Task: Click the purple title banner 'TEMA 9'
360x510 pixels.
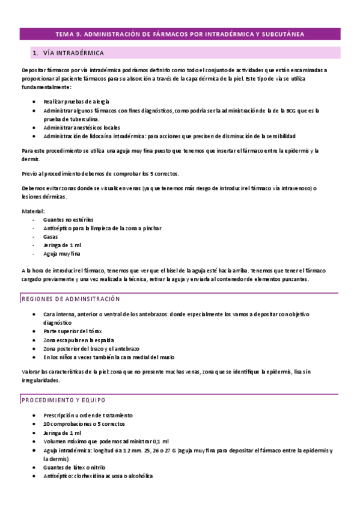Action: tap(180, 34)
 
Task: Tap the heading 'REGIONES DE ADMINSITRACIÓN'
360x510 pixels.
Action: tap(71, 299)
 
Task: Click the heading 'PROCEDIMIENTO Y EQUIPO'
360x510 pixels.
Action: tap(64, 399)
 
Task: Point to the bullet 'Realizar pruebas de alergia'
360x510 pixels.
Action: tap(76, 102)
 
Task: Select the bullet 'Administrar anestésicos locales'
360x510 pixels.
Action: tap(81, 127)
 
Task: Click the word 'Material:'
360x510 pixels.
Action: tap(33, 212)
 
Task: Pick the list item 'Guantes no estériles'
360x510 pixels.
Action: tap(69, 220)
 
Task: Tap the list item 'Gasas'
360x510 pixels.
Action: tap(50, 237)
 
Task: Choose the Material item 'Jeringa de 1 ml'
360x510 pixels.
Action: tap(62, 245)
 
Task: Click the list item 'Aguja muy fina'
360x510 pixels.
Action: tap(61, 254)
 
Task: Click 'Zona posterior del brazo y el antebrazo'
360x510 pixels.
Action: tap(91, 349)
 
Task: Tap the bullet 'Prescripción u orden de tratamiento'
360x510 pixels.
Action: tap(88, 416)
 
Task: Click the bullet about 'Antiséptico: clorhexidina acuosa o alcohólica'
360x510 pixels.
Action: tap(98, 476)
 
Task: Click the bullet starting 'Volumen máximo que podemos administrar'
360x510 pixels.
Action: tap(106, 441)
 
